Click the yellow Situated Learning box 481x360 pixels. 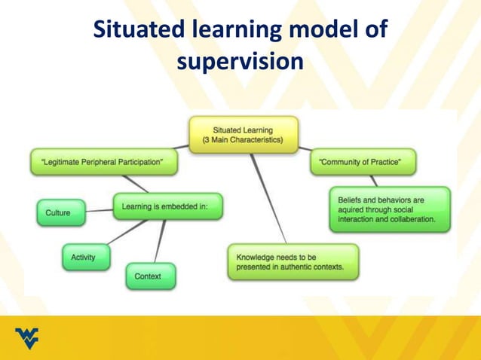tap(243, 135)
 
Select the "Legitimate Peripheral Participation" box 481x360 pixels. tap(104, 160)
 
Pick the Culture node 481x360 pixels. tap(58, 212)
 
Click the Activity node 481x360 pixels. tap(83, 258)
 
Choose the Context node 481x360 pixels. tap(149, 276)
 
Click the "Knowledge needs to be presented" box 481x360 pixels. tap(292, 261)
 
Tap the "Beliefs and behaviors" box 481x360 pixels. tap(389, 210)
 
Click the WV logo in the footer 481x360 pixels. tap(27, 339)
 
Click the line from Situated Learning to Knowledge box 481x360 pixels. tap(269, 198)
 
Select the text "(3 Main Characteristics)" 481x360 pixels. tap(243, 140)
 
